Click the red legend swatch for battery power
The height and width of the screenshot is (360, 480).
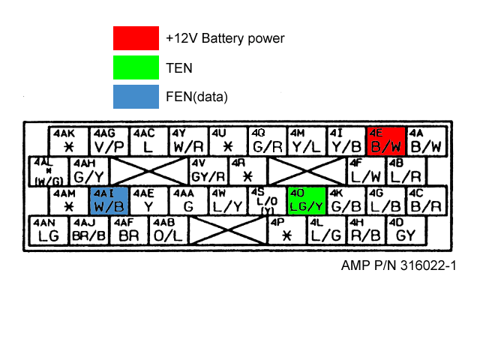136,37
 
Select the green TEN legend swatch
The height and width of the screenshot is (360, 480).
136,67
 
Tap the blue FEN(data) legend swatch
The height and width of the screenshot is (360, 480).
136,96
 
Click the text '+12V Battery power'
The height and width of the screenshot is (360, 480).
225,37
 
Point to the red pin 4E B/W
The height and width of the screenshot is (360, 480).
385,140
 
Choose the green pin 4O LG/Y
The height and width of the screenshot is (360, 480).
306,200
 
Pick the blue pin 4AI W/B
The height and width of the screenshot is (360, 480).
109,200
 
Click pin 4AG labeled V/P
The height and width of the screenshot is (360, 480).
109,140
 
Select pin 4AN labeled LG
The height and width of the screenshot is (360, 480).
48,230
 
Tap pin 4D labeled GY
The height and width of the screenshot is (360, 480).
406,230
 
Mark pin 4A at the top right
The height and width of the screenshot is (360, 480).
426,140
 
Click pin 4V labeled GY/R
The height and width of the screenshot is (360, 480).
208,171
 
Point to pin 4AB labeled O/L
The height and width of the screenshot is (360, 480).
167,230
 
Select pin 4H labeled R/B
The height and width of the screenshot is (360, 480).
366,230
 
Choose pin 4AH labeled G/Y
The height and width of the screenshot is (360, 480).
89,171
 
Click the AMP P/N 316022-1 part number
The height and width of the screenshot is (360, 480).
398,265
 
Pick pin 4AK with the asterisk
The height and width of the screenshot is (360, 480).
69,140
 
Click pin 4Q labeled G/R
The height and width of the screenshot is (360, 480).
268,140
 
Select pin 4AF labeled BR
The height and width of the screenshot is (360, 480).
129,230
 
